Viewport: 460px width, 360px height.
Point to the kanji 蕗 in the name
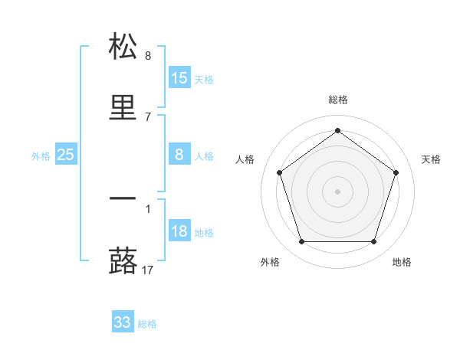click(123, 260)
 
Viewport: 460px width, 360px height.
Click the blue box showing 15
click(179, 78)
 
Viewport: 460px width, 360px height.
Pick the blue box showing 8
click(179, 155)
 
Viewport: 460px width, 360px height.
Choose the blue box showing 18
click(179, 231)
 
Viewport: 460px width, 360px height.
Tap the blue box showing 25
click(66, 155)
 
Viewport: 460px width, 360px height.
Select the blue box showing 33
click(123, 322)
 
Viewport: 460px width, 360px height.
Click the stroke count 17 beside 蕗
click(149, 270)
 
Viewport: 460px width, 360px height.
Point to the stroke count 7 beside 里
click(148, 116)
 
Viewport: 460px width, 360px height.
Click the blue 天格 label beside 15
click(204, 80)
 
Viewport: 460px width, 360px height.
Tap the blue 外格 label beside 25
click(41, 156)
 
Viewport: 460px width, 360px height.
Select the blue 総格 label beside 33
click(147, 324)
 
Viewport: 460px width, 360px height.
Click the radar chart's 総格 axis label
click(338, 100)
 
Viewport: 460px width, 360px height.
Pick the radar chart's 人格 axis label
click(245, 159)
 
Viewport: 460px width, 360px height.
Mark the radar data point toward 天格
click(396, 172)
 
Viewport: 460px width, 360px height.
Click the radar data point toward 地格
click(373, 242)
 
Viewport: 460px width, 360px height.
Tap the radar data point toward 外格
click(301, 242)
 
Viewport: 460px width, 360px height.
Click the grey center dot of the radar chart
click(337, 191)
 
